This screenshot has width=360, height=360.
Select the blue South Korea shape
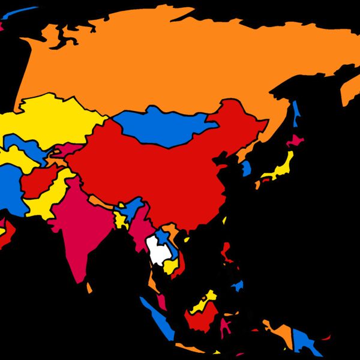247,167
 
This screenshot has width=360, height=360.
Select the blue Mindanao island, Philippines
238,286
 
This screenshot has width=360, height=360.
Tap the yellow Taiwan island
224,220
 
